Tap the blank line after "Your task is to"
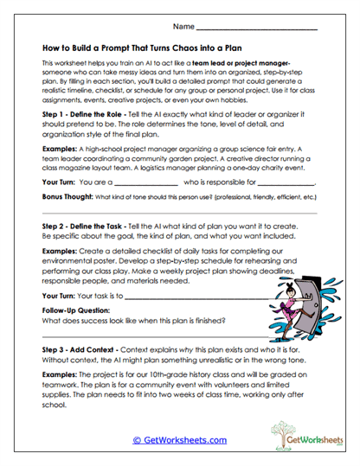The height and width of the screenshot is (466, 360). (x=190, y=296)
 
